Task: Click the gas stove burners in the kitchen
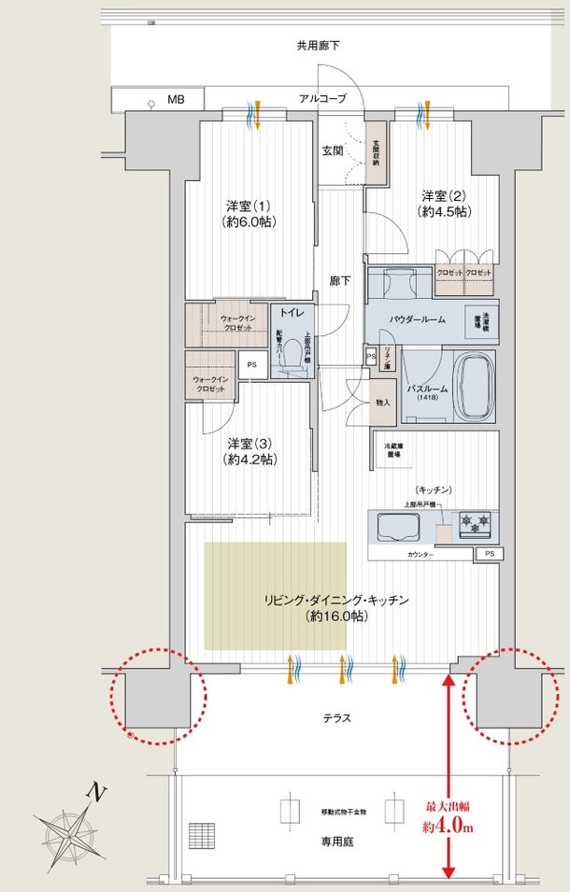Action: tap(475, 527)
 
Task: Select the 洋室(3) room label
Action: tap(250, 451)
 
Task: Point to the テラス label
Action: tap(336, 718)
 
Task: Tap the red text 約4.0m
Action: tap(449, 828)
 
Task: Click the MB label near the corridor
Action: tap(176, 97)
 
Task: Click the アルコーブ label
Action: tap(322, 98)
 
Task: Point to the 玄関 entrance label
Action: tap(333, 150)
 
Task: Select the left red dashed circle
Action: tap(156, 696)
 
